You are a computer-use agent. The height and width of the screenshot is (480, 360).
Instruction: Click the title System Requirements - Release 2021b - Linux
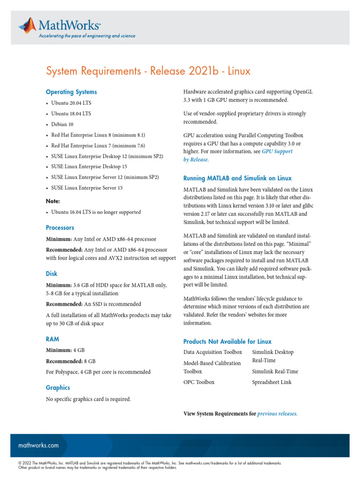click(148, 71)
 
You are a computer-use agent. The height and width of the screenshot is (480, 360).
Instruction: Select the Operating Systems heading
click(71, 92)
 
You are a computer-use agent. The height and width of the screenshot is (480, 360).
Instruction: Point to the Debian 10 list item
click(62, 124)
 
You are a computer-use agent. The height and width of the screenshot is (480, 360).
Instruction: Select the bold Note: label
click(53, 201)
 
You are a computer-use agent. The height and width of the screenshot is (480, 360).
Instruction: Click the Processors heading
click(60, 227)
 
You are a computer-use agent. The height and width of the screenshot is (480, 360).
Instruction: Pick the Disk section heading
click(52, 273)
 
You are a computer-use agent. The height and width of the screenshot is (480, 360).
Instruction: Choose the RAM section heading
click(52, 338)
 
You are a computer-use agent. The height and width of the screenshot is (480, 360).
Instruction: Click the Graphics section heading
click(58, 388)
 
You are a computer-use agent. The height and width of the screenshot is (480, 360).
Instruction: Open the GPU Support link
click(277, 151)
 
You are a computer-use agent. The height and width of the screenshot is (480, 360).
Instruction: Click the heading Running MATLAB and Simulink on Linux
click(237, 178)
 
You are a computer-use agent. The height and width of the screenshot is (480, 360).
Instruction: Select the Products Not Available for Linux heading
click(227, 341)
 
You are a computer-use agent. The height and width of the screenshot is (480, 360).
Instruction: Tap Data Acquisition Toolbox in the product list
click(213, 352)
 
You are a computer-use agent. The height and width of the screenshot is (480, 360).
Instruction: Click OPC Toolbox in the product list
click(199, 382)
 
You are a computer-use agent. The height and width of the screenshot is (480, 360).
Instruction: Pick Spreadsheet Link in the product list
click(271, 382)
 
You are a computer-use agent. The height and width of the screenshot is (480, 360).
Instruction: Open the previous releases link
click(277, 414)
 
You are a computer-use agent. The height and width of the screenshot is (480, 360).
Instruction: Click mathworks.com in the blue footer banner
click(38, 445)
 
